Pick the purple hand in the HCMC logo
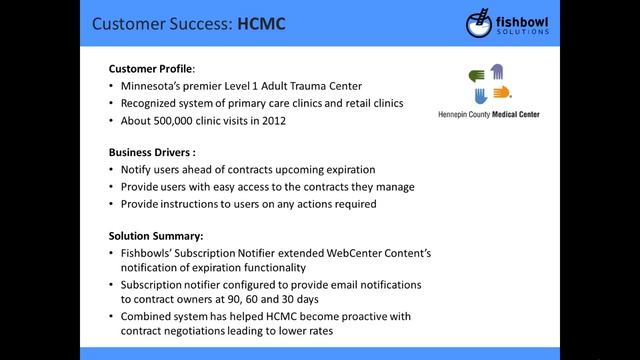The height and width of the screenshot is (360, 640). (496, 72)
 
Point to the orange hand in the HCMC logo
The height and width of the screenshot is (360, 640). (501, 93)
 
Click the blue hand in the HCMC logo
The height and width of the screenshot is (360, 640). (480, 96)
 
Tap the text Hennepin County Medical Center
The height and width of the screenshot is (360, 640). (489, 115)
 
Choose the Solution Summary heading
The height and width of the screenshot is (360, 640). (156, 236)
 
